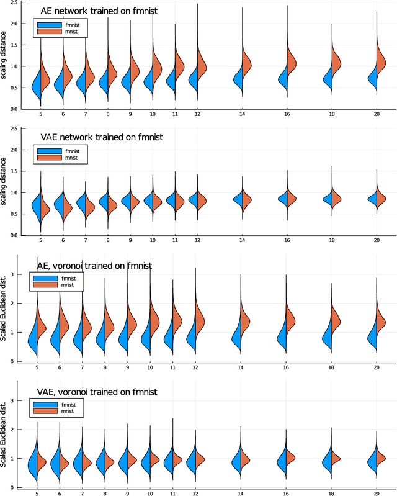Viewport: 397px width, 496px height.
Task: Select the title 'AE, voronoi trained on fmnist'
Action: pyautogui.click(x=95, y=266)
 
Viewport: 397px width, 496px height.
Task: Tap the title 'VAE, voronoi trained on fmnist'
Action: pyautogui.click(x=97, y=392)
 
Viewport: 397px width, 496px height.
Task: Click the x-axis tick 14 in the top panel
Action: pyautogui.click(x=242, y=115)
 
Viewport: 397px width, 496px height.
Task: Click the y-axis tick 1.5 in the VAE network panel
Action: pyautogui.click(x=16, y=171)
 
